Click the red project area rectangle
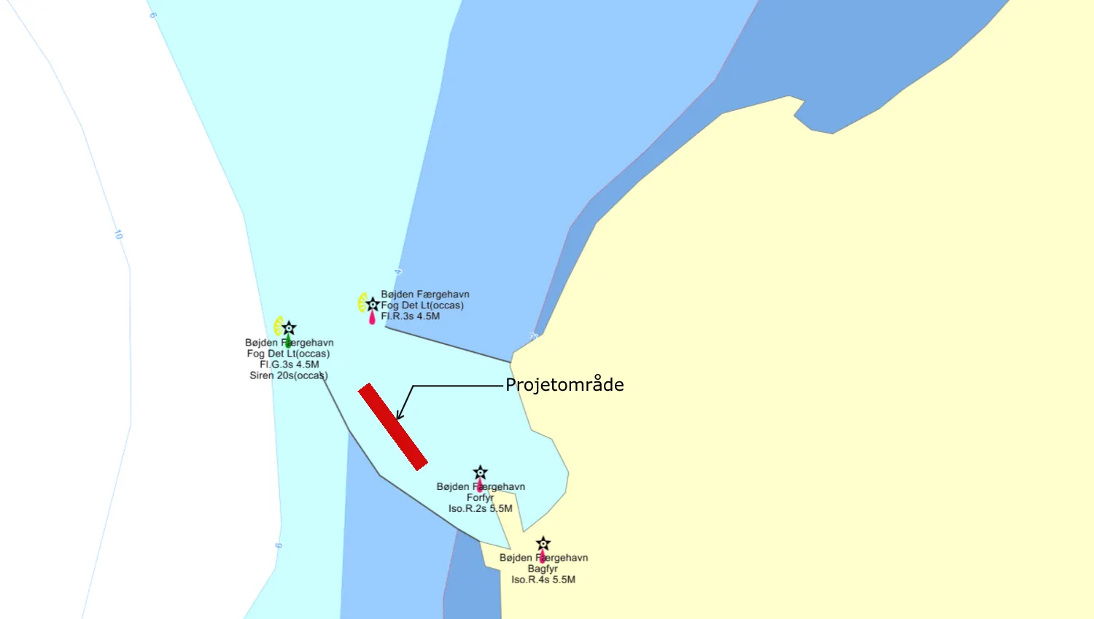coord(392,427)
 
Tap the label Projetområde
coord(565,385)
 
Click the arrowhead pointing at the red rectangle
coord(399,416)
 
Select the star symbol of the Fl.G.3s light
coord(289,328)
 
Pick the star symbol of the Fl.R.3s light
coord(373,304)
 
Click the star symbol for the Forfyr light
coord(480,472)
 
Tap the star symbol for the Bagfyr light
coord(543,544)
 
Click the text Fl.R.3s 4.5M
coord(410,316)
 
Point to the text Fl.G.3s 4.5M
coord(289,365)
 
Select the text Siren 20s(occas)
coord(289,375)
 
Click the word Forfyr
coord(480,497)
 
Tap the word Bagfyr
coord(543,569)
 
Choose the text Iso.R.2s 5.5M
coord(480,508)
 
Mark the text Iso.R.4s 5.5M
coord(543,580)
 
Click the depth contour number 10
coord(118,235)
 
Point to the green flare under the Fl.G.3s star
coord(288,341)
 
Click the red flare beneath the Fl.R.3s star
coord(372,318)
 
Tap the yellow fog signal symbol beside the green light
coord(278,326)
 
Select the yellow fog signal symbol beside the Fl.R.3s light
coord(362,302)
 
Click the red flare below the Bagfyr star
coord(542,557)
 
